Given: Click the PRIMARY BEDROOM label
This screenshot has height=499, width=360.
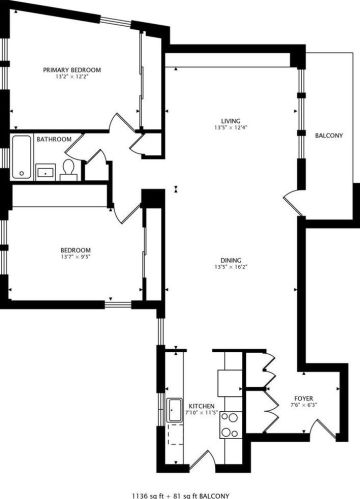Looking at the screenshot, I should pyautogui.click(x=72, y=69).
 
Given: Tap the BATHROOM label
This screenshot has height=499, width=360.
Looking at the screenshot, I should pyautogui.click(x=53, y=140).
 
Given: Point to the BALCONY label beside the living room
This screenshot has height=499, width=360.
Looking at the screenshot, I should pyautogui.click(x=330, y=136).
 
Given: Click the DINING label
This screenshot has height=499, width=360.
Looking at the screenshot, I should pyautogui.click(x=231, y=260).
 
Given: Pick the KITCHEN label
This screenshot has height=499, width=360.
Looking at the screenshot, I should pyautogui.click(x=201, y=404).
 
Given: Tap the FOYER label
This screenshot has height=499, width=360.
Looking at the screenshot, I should pyautogui.click(x=303, y=398).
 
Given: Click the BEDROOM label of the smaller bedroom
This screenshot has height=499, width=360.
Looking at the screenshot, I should pyautogui.click(x=75, y=250).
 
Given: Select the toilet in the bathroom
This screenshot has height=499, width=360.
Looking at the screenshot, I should pyautogui.click(x=68, y=168).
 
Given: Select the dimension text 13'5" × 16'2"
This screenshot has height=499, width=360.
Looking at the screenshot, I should pyautogui.click(x=231, y=268).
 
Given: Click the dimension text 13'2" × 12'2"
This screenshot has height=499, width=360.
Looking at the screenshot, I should pyautogui.click(x=72, y=77).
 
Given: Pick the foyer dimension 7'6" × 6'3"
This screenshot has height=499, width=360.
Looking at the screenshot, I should pyautogui.click(x=303, y=406).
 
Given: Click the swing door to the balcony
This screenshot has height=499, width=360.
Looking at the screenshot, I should pyautogui.click(x=294, y=201).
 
